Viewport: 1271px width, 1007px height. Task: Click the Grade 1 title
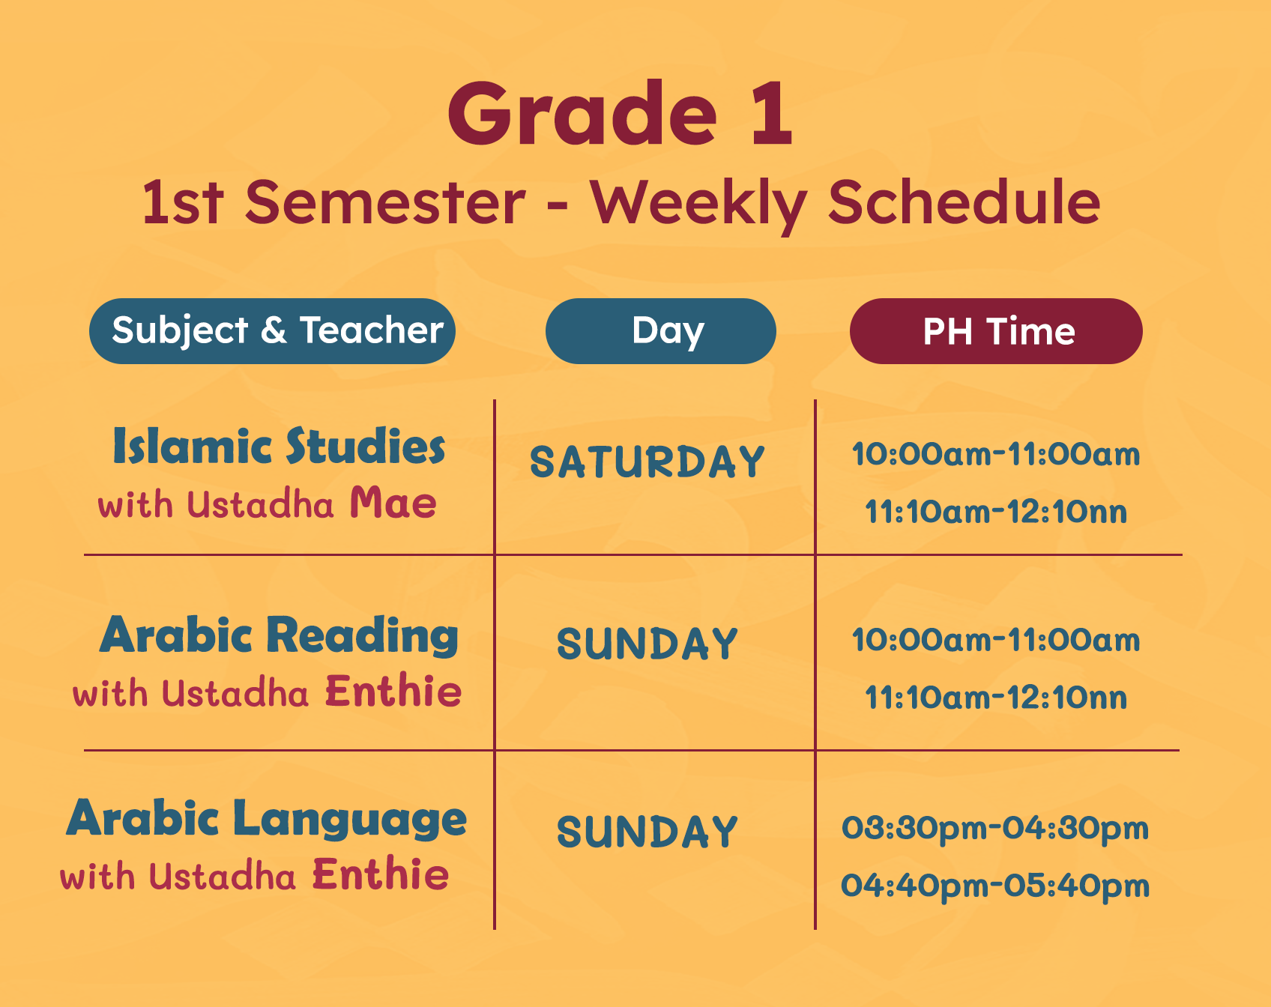[x=620, y=113]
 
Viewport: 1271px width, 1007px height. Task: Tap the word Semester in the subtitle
[x=385, y=202]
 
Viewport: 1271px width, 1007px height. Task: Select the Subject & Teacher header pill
[x=272, y=331]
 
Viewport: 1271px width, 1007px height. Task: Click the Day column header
[x=661, y=331]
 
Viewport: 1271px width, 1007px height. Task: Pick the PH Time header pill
[x=996, y=331]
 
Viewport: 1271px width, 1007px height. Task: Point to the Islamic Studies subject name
[x=279, y=447]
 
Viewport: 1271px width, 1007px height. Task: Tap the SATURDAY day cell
[x=647, y=462]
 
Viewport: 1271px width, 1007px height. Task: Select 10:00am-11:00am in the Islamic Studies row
[x=996, y=454]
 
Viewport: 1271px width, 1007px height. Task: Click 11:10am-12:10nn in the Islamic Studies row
[x=996, y=512]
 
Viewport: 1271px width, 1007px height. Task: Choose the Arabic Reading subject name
[x=279, y=635]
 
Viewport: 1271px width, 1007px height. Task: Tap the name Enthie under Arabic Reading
[x=393, y=691]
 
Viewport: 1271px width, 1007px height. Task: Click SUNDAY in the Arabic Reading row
[x=647, y=644]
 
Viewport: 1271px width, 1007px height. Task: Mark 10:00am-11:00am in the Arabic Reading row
[x=996, y=640]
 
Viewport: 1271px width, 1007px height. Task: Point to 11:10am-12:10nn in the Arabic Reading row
[x=996, y=698]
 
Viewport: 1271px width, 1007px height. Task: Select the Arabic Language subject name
[x=267, y=818]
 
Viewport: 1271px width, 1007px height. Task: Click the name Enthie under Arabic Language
[x=381, y=874]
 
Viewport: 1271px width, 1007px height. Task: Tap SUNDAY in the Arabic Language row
[x=647, y=832]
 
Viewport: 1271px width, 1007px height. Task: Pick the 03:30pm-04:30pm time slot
[x=995, y=829]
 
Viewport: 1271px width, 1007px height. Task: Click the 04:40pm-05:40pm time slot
[x=995, y=886]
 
